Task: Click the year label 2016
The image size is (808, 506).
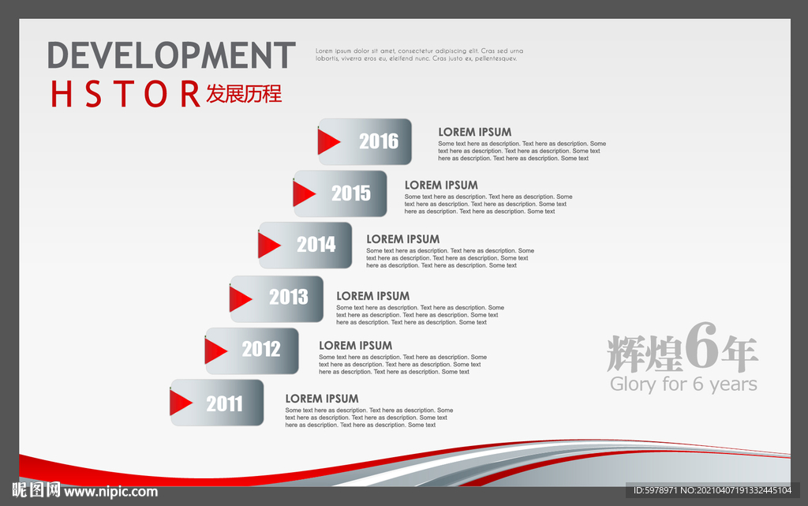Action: pyautogui.click(x=379, y=141)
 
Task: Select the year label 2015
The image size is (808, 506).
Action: pyautogui.click(x=351, y=193)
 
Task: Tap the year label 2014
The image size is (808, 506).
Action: pyautogui.click(x=316, y=244)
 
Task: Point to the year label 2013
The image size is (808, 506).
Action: pyautogui.click(x=289, y=297)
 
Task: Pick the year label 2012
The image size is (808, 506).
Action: pyautogui.click(x=261, y=350)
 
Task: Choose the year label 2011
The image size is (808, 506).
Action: pyautogui.click(x=224, y=403)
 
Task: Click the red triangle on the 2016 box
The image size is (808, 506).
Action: pyautogui.click(x=327, y=142)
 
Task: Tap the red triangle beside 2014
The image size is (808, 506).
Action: pyautogui.click(x=268, y=246)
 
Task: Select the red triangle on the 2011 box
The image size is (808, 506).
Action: pyautogui.click(x=180, y=403)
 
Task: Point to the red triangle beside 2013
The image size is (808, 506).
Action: pyautogui.click(x=240, y=299)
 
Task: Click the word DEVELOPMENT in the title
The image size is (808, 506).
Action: pyautogui.click(x=171, y=55)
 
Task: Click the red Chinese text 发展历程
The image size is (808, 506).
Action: pyautogui.click(x=244, y=94)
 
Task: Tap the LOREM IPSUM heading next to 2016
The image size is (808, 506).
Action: pyautogui.click(x=474, y=133)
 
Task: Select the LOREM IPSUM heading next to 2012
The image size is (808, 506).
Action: pyautogui.click(x=355, y=346)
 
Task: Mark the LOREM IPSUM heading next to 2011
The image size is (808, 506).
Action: pyautogui.click(x=322, y=399)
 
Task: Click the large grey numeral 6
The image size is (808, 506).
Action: pyautogui.click(x=701, y=345)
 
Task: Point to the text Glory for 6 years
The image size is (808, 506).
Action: pyautogui.click(x=683, y=384)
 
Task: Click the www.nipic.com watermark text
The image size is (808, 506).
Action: pyautogui.click(x=110, y=492)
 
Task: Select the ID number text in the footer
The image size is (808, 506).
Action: pyautogui.click(x=713, y=490)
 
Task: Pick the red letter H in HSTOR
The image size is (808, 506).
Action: pyautogui.click(x=62, y=94)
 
